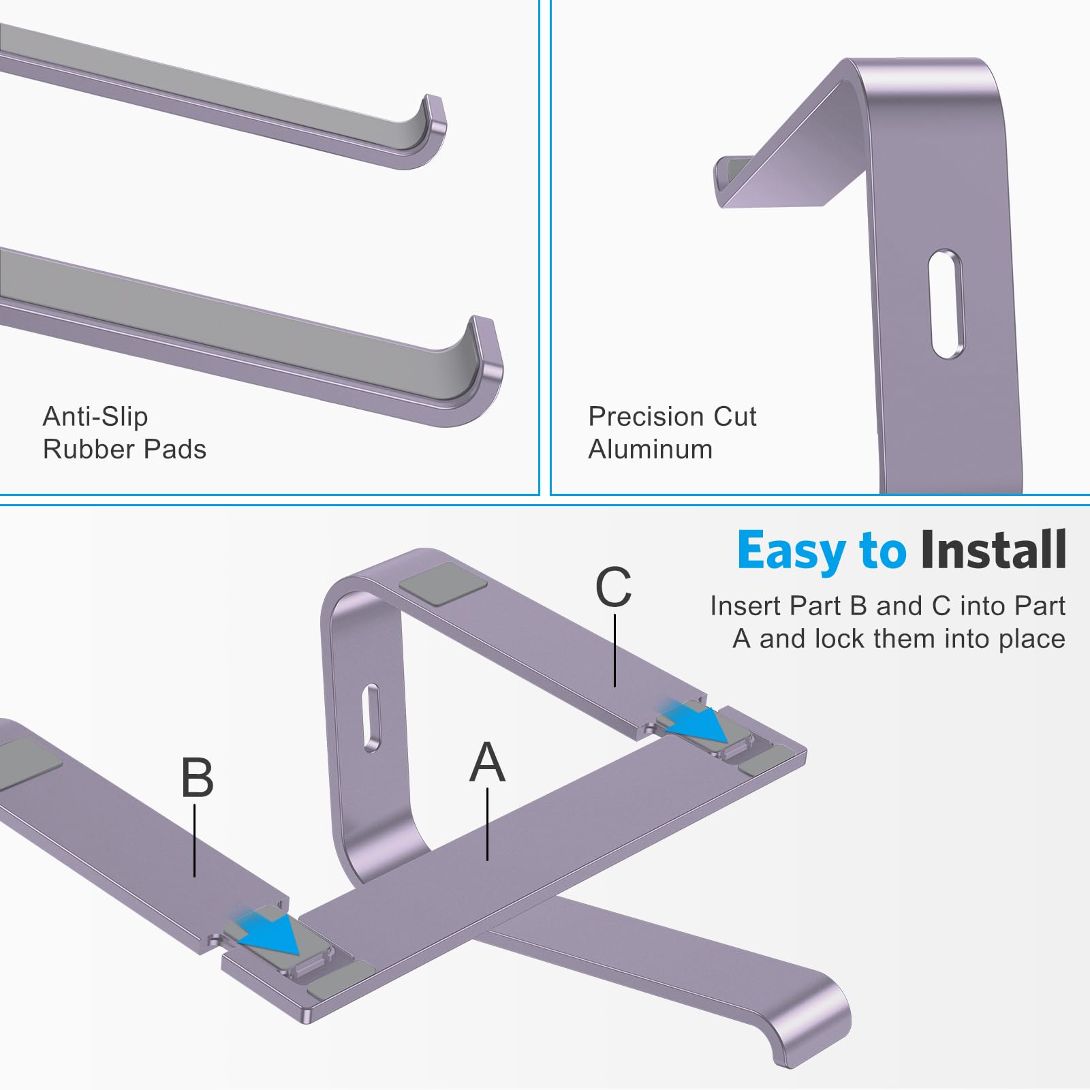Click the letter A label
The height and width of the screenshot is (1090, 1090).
pyautogui.click(x=488, y=762)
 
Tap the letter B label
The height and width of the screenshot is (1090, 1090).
pyautogui.click(x=197, y=778)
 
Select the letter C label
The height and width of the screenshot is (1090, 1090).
pyautogui.click(x=613, y=587)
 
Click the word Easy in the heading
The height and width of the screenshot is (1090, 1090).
pyautogui.click(x=790, y=552)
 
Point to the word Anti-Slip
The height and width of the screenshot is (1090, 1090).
pyautogui.click(x=95, y=416)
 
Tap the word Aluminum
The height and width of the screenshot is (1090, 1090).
pyautogui.click(x=651, y=450)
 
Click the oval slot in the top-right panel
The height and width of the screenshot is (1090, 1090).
pyautogui.click(x=946, y=304)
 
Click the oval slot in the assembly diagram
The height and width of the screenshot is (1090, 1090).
pyautogui.click(x=371, y=718)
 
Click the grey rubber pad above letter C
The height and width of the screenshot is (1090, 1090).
pyautogui.click(x=443, y=584)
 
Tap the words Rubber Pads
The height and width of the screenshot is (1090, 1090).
pyautogui.click(x=124, y=450)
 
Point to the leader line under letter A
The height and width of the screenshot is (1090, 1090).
pyautogui.click(x=488, y=824)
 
